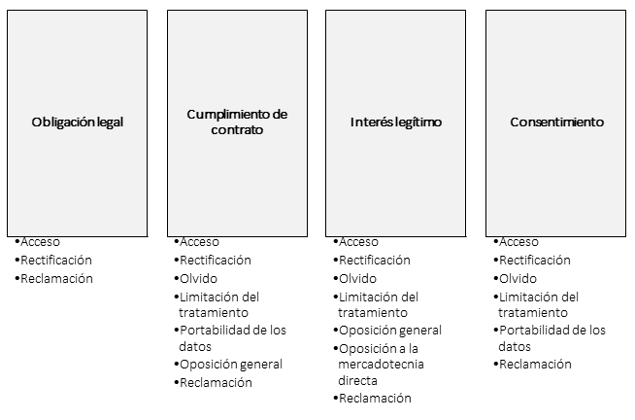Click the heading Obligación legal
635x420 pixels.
pyautogui.click(x=78, y=122)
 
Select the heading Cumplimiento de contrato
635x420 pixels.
pyautogui.click(x=237, y=122)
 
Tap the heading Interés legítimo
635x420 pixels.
pyautogui.click(x=396, y=122)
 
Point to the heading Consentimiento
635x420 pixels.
pyautogui.click(x=557, y=122)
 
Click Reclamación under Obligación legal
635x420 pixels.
pyautogui.click(x=56, y=278)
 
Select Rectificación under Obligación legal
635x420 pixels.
pyautogui.click(x=56, y=260)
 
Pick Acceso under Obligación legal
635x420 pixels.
pyautogui.click(x=40, y=242)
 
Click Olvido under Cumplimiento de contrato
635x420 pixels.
pyautogui.click(x=198, y=278)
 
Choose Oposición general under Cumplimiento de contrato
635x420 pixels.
pyautogui.click(x=231, y=365)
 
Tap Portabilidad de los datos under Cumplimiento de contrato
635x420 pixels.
pyautogui.click(x=232, y=338)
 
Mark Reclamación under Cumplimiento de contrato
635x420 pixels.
pyautogui.click(x=216, y=382)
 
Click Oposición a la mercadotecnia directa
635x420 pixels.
pyautogui.click(x=381, y=364)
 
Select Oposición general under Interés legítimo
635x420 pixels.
pyautogui.click(x=390, y=331)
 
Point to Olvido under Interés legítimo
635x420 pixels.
pyautogui.click(x=357, y=278)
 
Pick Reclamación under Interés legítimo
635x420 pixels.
pyautogui.click(x=375, y=398)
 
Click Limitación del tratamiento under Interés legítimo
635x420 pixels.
pyautogui.click(x=379, y=304)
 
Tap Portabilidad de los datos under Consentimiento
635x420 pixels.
pyautogui.click(x=551, y=338)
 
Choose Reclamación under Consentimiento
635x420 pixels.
pyautogui.click(x=535, y=364)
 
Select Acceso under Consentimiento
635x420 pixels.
pyautogui.click(x=518, y=242)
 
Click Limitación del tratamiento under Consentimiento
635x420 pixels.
pyautogui.click(x=539, y=304)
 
